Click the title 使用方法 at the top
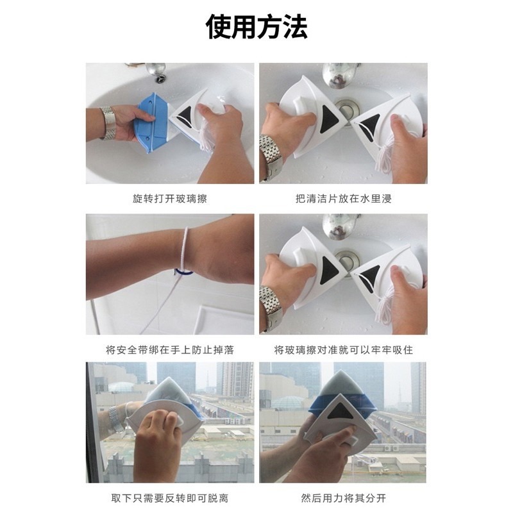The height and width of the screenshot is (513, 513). point(256,28)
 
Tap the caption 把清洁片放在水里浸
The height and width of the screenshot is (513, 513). point(343,199)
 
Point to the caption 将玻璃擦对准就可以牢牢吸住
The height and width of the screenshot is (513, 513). point(343,350)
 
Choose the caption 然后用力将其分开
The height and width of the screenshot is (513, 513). point(343,498)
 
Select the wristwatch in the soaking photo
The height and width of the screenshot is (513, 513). point(271,154)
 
